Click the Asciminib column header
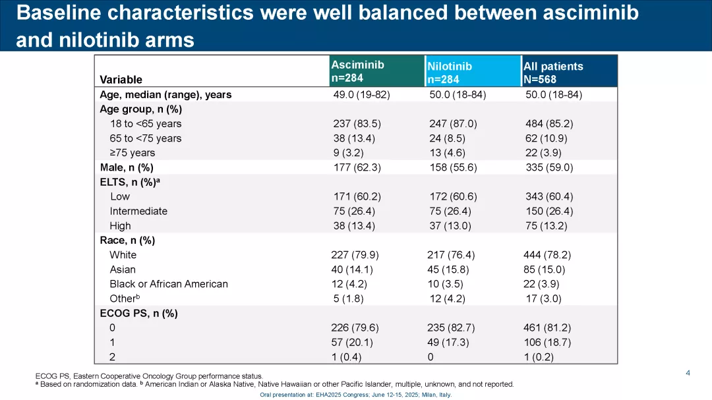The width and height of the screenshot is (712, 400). click(357, 71)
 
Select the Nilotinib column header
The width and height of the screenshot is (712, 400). click(450, 72)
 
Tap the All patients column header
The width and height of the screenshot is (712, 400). click(553, 72)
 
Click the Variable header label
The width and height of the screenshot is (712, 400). click(121, 80)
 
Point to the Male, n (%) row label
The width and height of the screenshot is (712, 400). click(127, 167)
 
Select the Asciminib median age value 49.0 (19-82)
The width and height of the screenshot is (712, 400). click(361, 95)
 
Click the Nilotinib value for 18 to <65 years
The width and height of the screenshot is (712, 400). click(453, 124)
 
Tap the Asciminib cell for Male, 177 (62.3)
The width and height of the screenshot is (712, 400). click(357, 167)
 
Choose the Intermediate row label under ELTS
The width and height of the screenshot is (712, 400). click(138, 212)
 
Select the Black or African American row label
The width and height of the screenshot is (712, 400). click(169, 284)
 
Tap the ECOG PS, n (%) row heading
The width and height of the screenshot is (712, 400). click(138, 314)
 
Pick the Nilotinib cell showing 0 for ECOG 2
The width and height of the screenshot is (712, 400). click(430, 357)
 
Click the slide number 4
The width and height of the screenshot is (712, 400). click(688, 374)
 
